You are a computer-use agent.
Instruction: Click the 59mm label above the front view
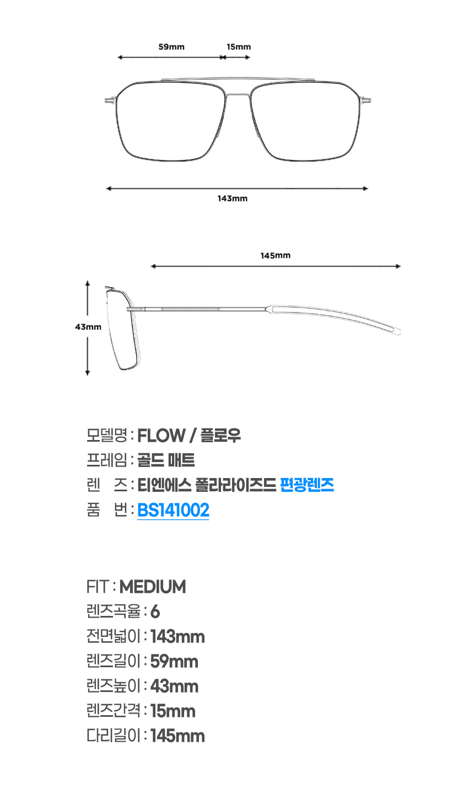171,47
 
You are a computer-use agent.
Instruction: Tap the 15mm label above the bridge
239,47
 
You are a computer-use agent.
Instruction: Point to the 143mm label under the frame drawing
233,199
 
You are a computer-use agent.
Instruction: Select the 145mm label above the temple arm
276,256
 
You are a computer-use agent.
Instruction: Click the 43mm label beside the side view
88,327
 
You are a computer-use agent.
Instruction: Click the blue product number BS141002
173,510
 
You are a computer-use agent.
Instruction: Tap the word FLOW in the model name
161,436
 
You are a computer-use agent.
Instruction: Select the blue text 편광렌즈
307,485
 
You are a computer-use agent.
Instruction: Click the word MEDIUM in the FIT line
153,587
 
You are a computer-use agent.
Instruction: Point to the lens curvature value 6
155,612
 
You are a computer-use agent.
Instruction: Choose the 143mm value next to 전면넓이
177,637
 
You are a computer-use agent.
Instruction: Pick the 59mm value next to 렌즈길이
174,662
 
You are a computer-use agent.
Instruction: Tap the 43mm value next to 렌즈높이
174,686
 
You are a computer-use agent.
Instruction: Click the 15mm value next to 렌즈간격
173,711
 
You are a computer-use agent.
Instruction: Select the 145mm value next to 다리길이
177,736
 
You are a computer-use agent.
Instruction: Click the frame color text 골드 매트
166,460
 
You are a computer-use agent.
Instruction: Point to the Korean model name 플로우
220,436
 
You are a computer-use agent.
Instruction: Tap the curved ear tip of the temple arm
397,331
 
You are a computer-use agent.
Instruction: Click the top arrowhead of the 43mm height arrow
88,282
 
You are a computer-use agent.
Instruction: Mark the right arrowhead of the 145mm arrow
398,266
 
